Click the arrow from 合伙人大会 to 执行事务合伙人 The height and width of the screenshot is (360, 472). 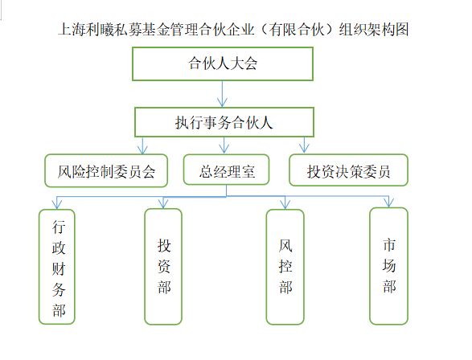pyautogui.click(x=222, y=94)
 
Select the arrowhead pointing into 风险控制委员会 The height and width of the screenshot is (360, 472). pyautogui.click(x=142, y=149)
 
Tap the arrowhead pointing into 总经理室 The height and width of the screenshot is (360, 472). pyautogui.click(x=224, y=149)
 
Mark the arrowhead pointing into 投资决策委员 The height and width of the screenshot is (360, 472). pyautogui.click(x=304, y=149)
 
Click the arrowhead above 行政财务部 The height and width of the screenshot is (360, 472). pyautogui.click(x=57, y=205)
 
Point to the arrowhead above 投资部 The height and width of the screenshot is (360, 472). pyautogui.click(x=163, y=204)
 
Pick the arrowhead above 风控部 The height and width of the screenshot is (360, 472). pyautogui.click(x=285, y=205)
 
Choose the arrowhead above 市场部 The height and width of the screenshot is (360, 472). pyautogui.click(x=388, y=203)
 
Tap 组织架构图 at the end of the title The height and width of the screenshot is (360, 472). pyautogui.click(x=374, y=30)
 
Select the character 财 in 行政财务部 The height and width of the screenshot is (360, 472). pyautogui.click(x=59, y=268)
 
